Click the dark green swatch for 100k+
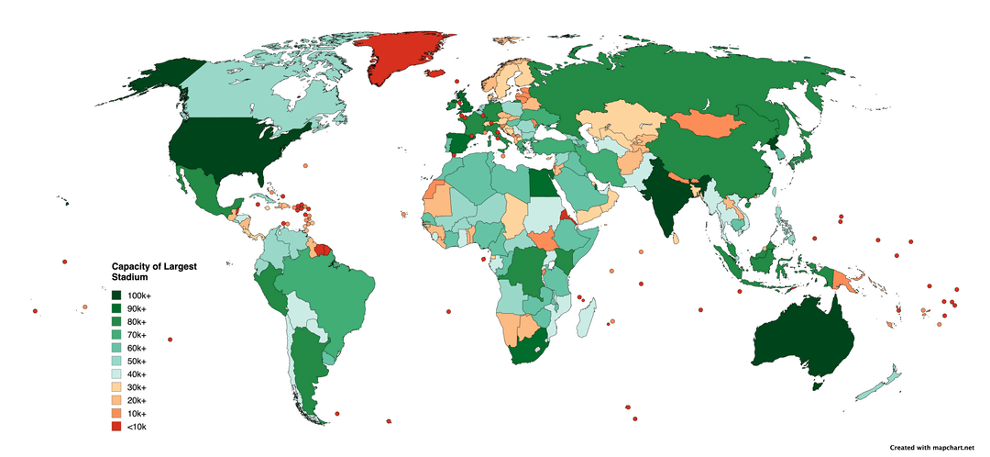(117, 296)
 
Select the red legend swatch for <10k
(117, 427)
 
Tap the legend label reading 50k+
(138, 362)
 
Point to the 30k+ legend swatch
(117, 387)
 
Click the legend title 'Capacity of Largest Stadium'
(153, 271)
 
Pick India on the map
(674, 202)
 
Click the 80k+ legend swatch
(117, 322)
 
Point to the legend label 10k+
(138, 414)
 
